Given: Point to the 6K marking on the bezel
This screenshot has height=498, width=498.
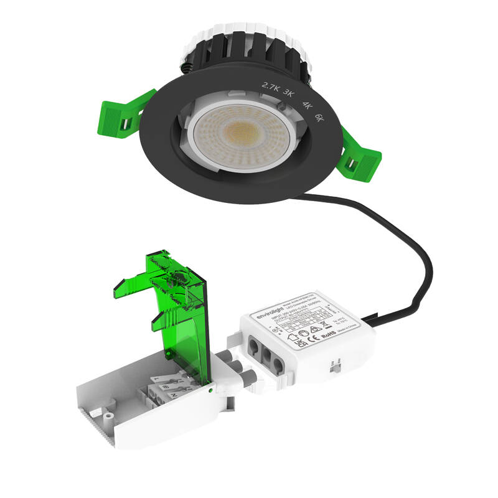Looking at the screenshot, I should point(320,117).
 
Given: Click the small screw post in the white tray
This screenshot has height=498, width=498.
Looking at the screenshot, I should point(110,414).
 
